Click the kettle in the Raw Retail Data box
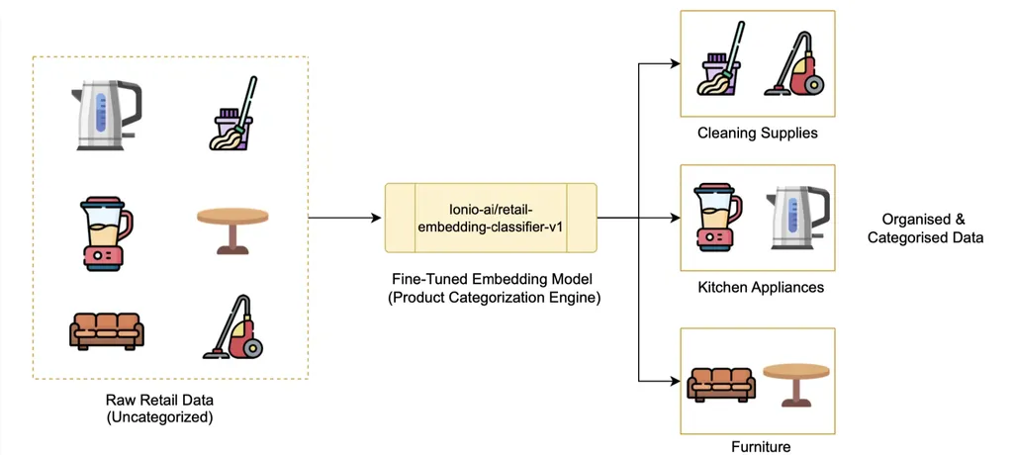(x=105, y=117)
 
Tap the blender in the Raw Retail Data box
(x=103, y=234)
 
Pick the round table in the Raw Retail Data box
(x=233, y=228)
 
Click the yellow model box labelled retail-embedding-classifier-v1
(x=491, y=217)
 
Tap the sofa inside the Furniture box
(x=720, y=382)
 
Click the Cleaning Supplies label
(x=758, y=133)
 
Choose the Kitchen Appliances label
(x=759, y=287)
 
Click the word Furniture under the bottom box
(x=761, y=447)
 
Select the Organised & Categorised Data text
(x=925, y=228)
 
